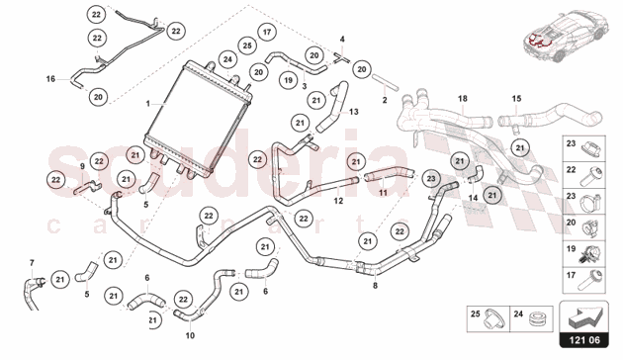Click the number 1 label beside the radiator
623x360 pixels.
pos(147,103)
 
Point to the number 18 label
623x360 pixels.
pos(462,99)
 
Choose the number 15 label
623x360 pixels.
pos(515,99)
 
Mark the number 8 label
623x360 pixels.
pos(374,286)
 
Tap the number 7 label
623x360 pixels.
pos(31,262)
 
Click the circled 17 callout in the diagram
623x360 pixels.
pos(268,34)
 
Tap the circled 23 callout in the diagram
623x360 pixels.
pos(430,180)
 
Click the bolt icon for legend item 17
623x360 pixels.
pos(593,275)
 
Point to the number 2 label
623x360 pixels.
pos(384,100)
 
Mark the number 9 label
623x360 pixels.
pos(82,167)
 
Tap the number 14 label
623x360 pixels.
pos(472,198)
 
